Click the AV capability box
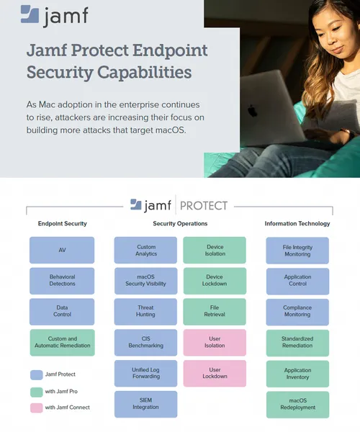62,250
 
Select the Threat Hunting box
145,311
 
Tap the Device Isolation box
215,250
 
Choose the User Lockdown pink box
215,373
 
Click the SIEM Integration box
145,404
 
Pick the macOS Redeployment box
298,405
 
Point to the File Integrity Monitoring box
297,251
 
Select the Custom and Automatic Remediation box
62,342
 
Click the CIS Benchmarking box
145,342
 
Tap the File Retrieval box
215,311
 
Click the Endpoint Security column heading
62,223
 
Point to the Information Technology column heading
297,223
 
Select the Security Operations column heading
180,223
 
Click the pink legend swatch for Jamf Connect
36,408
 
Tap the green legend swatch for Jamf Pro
36,392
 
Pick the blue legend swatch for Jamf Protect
36,375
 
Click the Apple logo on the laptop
252,111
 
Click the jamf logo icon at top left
30,14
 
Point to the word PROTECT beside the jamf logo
204,206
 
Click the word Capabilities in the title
144,72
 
